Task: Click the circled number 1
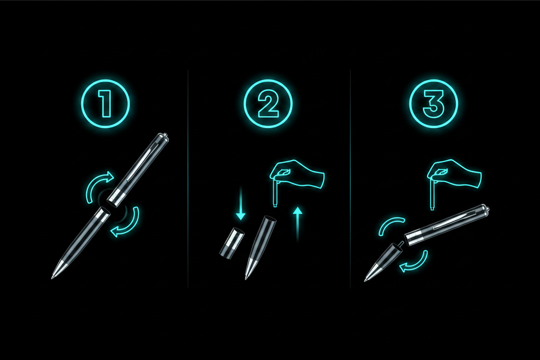[x=105, y=103]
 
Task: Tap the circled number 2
[x=268, y=103]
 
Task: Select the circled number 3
[x=433, y=103]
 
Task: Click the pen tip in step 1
[x=52, y=278]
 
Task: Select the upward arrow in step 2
[x=297, y=224]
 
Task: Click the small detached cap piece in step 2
[x=232, y=243]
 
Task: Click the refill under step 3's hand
[x=432, y=194]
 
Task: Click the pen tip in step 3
[x=365, y=280]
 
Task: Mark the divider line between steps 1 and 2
[x=188, y=179]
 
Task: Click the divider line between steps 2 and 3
[x=350, y=179]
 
